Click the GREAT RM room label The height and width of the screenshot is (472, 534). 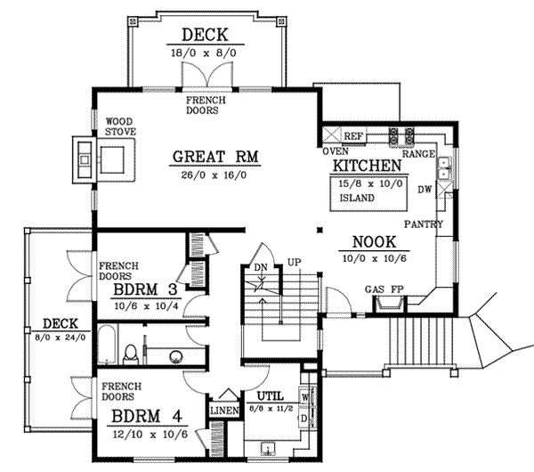pyautogui.click(x=215, y=157)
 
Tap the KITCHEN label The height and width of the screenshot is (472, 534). pyautogui.click(x=365, y=167)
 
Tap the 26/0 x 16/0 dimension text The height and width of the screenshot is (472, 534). pyautogui.click(x=215, y=175)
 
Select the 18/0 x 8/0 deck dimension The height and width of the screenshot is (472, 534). pyautogui.click(x=206, y=53)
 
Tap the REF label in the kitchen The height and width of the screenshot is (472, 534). pyautogui.click(x=353, y=136)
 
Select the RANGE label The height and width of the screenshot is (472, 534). pyautogui.click(x=417, y=154)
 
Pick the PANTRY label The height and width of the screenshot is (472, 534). pyautogui.click(x=423, y=224)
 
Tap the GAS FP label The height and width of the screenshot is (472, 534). pyautogui.click(x=383, y=289)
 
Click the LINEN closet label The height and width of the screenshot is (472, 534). pyautogui.click(x=222, y=411)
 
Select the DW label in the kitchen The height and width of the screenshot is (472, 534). pyautogui.click(x=424, y=189)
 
